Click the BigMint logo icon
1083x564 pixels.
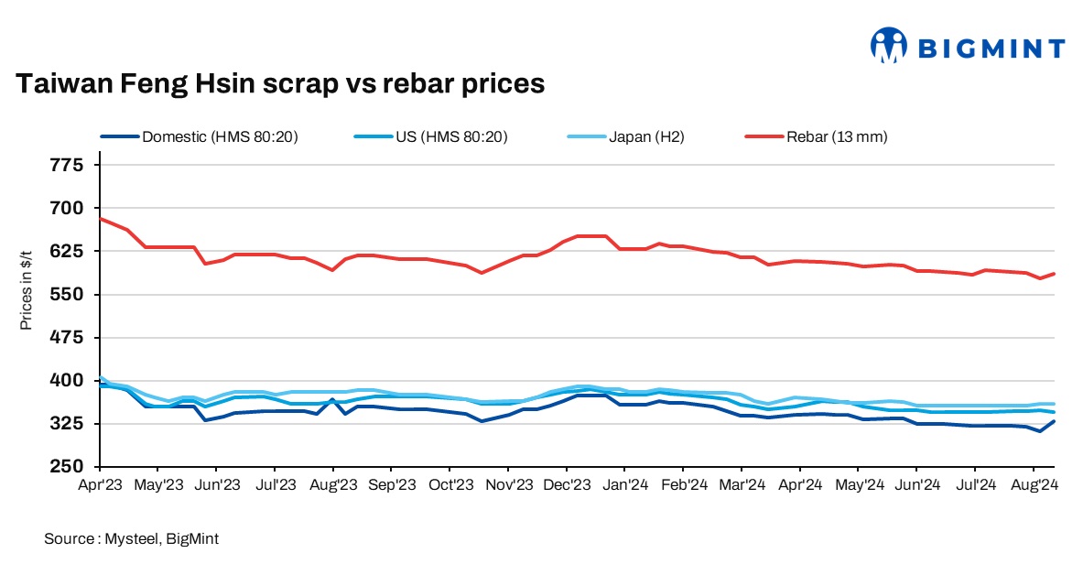tap(888, 46)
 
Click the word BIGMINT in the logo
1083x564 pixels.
tap(991, 49)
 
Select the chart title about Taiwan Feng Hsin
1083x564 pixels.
tap(280, 84)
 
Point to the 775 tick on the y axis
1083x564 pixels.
tap(70, 165)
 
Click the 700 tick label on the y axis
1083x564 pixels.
tap(70, 208)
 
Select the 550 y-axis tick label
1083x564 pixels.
tap(70, 295)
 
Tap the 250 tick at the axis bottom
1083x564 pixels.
tap(70, 467)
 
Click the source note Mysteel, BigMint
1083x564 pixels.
tap(131, 539)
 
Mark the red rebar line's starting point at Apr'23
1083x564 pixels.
tap(100, 218)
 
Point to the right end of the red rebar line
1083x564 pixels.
tap(1055, 273)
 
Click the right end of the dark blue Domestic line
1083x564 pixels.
tap(1055, 421)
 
